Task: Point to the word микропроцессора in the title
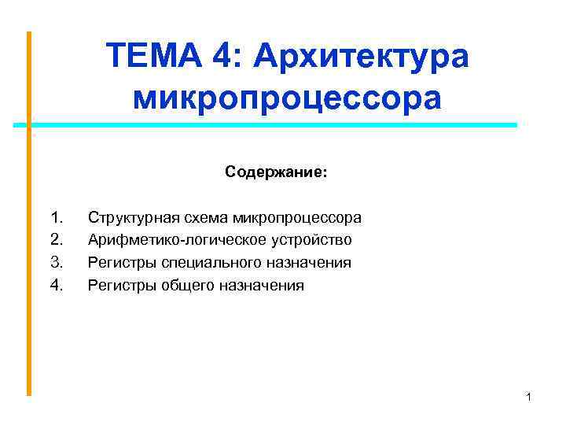[288, 98]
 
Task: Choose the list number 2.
[56, 239]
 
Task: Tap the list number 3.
[56, 262]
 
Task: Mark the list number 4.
[56, 285]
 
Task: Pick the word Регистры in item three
[114, 262]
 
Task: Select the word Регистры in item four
[114, 285]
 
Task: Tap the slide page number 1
[529, 397]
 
